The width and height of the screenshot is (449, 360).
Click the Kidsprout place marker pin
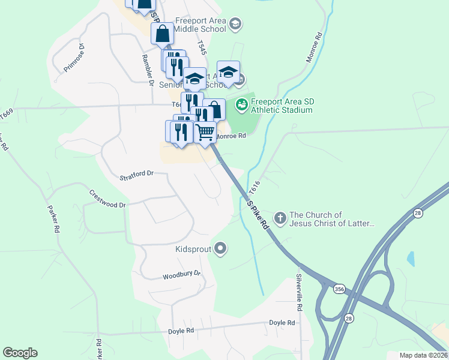221,248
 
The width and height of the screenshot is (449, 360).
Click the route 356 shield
340,289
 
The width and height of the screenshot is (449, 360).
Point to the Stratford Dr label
137,175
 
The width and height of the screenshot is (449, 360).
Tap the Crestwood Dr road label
107,199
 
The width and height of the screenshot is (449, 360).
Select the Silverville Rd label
298,293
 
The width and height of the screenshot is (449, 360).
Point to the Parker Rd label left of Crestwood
53,220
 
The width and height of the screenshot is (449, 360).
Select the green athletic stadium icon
241,105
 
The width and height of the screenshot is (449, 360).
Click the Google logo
20,353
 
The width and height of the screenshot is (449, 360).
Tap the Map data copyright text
423,355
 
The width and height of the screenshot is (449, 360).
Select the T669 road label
7,113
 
